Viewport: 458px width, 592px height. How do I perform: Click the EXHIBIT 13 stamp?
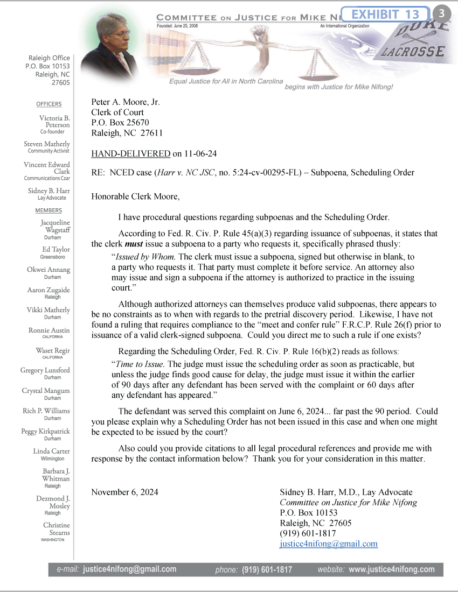[x=385, y=14]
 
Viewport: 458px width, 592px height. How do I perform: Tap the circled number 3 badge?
[x=442, y=14]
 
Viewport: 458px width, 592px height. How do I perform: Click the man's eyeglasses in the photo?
[x=119, y=34]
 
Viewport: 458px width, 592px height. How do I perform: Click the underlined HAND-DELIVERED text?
[x=130, y=154]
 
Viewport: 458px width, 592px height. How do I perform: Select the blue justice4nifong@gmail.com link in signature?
[x=329, y=544]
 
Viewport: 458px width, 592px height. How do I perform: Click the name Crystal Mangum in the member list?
[x=46, y=391]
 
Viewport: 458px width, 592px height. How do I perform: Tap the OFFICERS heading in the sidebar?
[x=49, y=104]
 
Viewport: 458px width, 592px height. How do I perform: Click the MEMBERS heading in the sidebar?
[x=48, y=210]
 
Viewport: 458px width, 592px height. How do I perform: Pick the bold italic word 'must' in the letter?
[x=126, y=244]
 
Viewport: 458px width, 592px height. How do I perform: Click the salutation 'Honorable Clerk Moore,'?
[x=135, y=196]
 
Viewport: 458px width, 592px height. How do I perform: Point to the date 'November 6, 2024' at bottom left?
[x=124, y=492]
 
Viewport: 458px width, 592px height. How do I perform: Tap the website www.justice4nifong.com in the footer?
[x=391, y=569]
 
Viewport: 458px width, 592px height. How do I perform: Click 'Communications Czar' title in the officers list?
[x=47, y=178]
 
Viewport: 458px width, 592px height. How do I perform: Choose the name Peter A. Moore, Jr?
[x=126, y=102]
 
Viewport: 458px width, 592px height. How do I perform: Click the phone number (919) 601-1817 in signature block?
[x=308, y=533]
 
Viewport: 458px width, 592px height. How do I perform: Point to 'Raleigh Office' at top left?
[x=49, y=58]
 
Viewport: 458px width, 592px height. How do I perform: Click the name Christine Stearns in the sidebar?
[x=56, y=528]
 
